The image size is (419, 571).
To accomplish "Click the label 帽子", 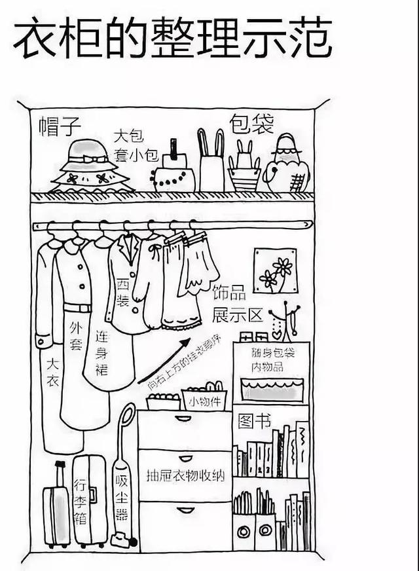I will tap(60, 126).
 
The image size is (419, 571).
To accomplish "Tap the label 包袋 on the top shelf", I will tap(251, 124).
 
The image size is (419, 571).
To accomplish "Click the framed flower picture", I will tap(275, 270).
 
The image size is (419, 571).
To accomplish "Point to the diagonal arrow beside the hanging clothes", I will tap(164, 361).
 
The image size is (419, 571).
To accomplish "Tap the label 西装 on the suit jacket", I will tap(122, 293).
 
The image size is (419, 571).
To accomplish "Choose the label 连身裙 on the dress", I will tap(101, 354).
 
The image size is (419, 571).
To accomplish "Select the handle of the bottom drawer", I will tap(186, 509).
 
